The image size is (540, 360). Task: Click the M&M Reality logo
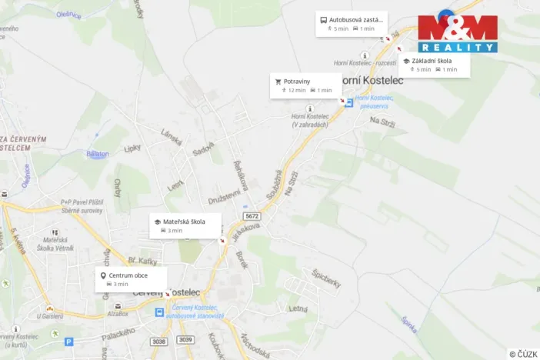pyautogui.click(x=458, y=32)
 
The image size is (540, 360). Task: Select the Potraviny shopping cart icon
pyautogui.click(x=278, y=81)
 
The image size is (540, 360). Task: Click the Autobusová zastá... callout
pyautogui.click(x=351, y=23)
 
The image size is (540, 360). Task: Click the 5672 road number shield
pyautogui.click(x=251, y=216)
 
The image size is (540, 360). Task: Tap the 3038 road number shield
pyautogui.click(x=159, y=339)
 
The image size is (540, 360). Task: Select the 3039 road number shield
pyautogui.click(x=185, y=339)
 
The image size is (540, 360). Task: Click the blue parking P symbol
pyautogui.click(x=68, y=342)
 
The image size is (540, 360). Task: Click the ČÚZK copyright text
pyautogui.click(x=523, y=354)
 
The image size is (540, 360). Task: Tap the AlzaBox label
pyautogui.click(x=118, y=314)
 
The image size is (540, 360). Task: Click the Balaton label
pyautogui.click(x=98, y=154)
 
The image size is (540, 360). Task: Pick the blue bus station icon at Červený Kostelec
pyautogui.click(x=159, y=313)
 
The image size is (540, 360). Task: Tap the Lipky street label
pyautogui.click(x=132, y=148)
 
